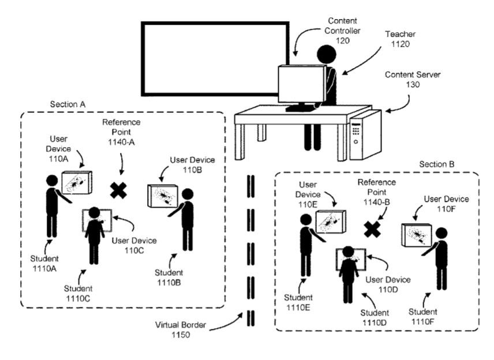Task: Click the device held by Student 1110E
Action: tap(332, 222)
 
